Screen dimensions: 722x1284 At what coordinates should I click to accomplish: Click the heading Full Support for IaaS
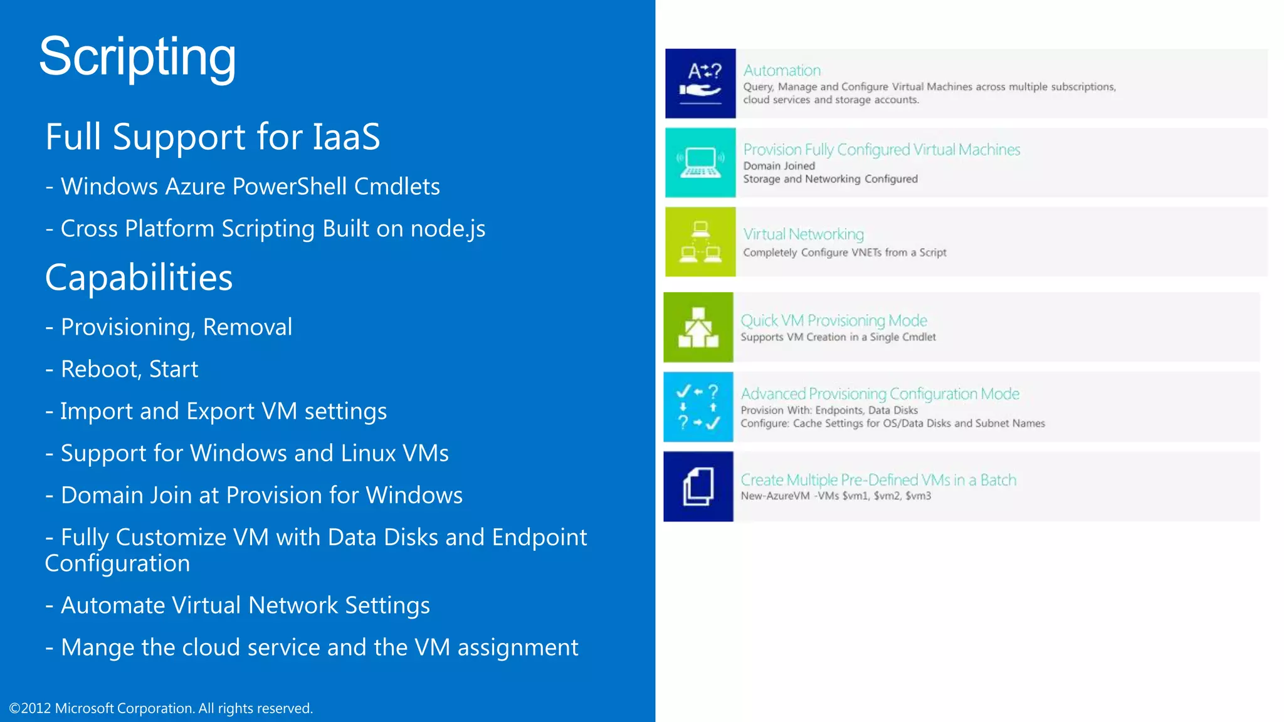coord(213,137)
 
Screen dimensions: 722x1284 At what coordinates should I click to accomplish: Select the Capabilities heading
coord(139,278)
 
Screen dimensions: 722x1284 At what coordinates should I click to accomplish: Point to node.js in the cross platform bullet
coord(448,229)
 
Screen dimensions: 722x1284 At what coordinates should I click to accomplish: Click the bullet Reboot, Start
coord(129,369)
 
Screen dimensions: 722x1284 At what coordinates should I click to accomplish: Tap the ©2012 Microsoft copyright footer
coord(161,708)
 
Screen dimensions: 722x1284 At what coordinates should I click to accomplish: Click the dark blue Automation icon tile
coord(700,83)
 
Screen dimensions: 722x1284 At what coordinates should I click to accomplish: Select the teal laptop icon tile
coord(700,163)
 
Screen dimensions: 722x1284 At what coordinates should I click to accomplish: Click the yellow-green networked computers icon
coord(700,242)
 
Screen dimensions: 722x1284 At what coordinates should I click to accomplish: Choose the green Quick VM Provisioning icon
coord(698,327)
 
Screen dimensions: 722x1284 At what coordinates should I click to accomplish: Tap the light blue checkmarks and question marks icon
coord(698,407)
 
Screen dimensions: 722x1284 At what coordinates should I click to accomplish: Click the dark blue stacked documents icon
coord(698,486)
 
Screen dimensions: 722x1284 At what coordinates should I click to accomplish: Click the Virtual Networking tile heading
coord(803,234)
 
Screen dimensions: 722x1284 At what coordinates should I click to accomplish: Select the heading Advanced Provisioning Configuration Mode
coord(880,394)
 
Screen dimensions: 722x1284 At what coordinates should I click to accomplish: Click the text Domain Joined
coord(779,166)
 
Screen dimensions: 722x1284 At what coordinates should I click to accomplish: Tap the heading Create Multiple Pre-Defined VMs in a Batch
coord(878,480)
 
